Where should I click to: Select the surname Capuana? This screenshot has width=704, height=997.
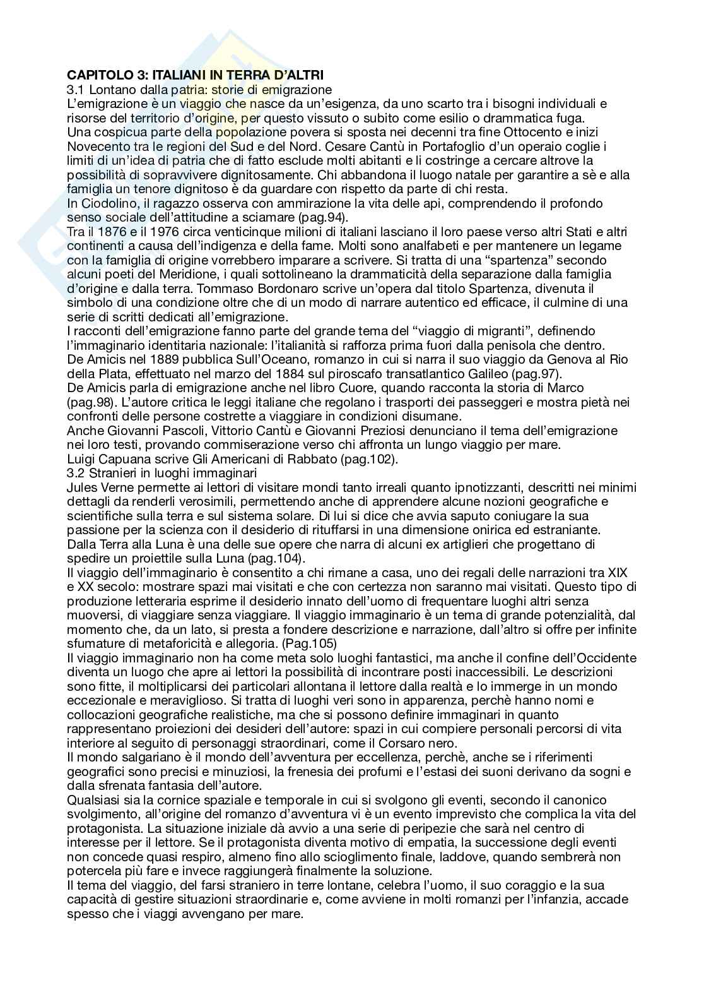[120, 459]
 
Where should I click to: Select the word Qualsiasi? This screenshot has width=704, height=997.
[95, 800]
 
